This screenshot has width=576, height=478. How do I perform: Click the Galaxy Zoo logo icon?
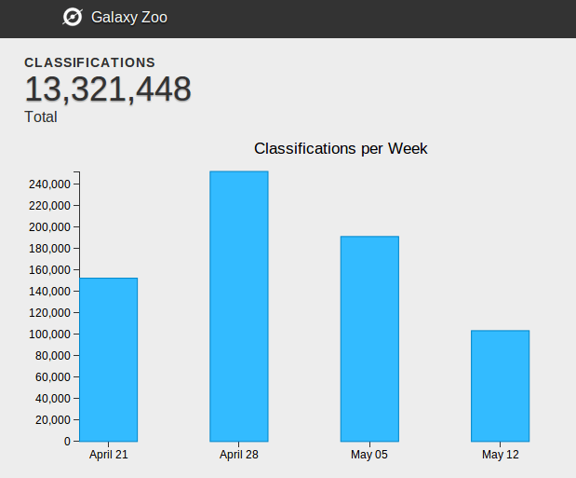(x=73, y=17)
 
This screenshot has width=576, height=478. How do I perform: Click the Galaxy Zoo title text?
(x=129, y=17)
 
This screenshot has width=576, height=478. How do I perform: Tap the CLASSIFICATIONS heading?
(x=89, y=62)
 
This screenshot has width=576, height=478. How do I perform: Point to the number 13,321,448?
(x=108, y=89)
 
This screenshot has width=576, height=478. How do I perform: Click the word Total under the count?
(x=41, y=117)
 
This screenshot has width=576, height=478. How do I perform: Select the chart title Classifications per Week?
(x=341, y=148)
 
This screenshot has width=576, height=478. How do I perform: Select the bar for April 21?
(x=109, y=359)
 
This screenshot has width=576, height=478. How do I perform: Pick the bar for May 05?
(x=369, y=338)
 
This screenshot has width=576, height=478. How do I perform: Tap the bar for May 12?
(x=500, y=385)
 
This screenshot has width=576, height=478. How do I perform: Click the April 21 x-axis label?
(x=109, y=455)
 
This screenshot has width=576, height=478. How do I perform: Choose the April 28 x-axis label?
(x=239, y=455)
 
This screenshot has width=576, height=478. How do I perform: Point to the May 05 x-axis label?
(x=369, y=455)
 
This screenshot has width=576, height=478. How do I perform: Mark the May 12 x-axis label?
(x=500, y=455)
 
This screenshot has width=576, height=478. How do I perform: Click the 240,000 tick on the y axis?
(x=50, y=184)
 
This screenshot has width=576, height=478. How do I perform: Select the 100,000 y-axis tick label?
(x=50, y=335)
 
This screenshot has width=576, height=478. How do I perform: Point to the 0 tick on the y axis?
(x=67, y=441)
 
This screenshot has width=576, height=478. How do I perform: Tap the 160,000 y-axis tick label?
(x=50, y=270)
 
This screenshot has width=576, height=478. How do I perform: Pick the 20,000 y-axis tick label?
(x=53, y=419)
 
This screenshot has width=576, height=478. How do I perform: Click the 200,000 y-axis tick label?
(x=50, y=227)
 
